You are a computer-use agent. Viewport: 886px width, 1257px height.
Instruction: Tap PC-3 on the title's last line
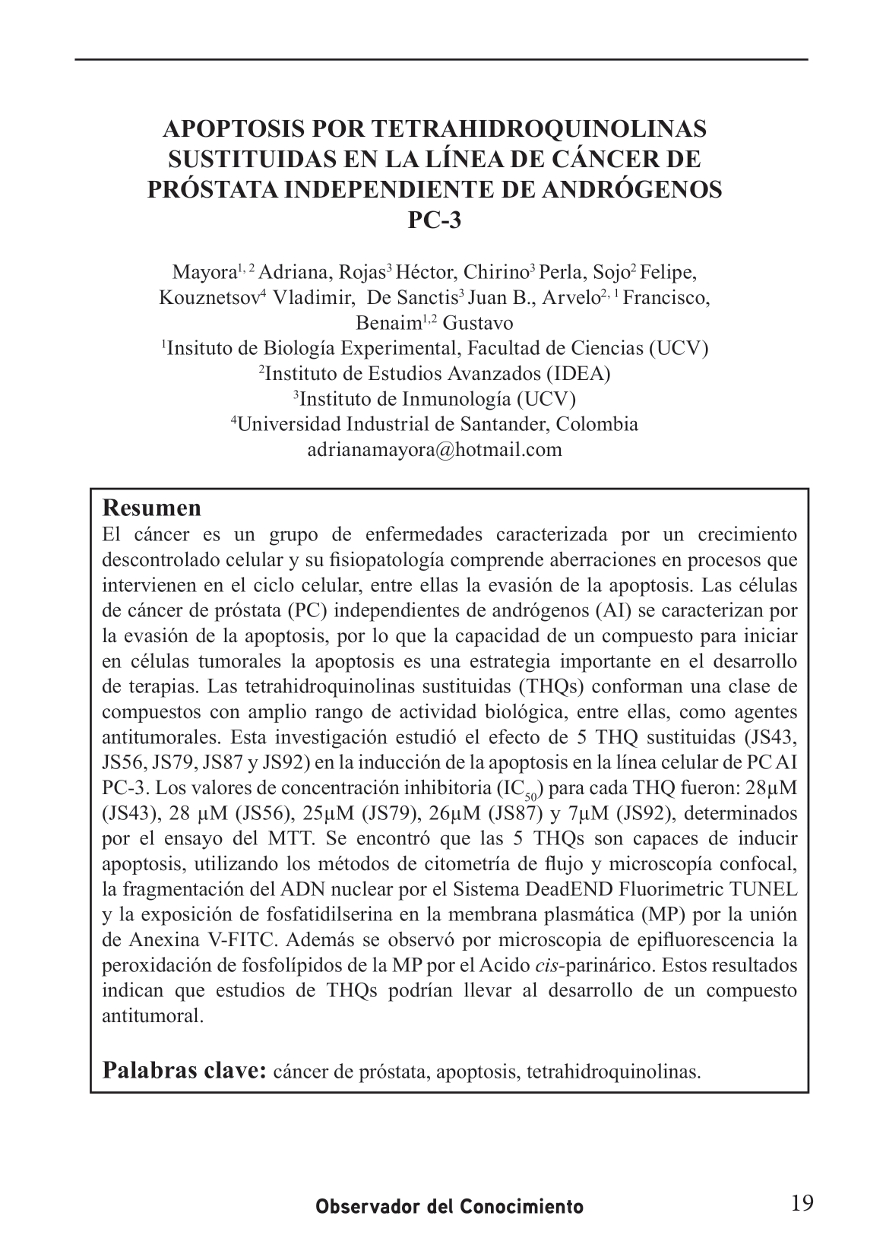[x=435, y=220]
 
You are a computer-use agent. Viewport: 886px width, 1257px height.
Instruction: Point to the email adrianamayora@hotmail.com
[x=435, y=449]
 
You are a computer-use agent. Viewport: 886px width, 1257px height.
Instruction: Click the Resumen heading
[x=152, y=507]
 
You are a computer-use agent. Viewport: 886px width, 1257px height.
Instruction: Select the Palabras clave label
[x=184, y=1071]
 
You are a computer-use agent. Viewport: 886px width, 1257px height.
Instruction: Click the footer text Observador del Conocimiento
[x=450, y=1207]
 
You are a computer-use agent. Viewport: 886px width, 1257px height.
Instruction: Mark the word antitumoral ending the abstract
[x=152, y=1015]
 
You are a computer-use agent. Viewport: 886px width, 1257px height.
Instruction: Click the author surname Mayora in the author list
[x=203, y=273]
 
